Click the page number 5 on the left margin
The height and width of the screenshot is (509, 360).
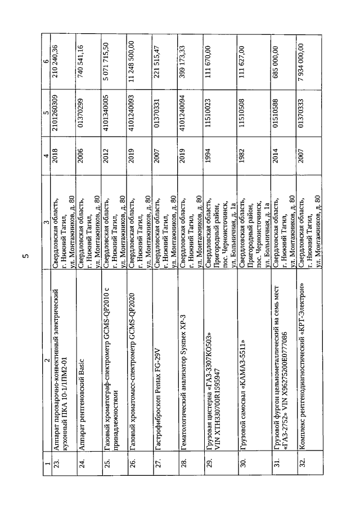pos(25,257)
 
